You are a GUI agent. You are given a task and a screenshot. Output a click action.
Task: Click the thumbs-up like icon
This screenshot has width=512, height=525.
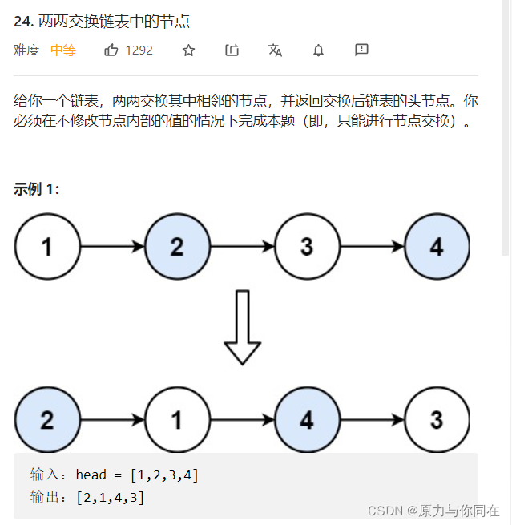pyautogui.click(x=111, y=50)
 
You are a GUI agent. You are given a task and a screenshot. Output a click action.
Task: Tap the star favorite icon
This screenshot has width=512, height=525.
pyautogui.click(x=188, y=50)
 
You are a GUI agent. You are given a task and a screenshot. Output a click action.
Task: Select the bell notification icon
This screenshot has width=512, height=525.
pyautogui.click(x=318, y=50)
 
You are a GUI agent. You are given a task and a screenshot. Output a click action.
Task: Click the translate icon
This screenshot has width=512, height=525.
pyautogui.click(x=275, y=50)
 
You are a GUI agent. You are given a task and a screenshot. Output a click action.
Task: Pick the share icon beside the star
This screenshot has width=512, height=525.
pyautogui.click(x=232, y=50)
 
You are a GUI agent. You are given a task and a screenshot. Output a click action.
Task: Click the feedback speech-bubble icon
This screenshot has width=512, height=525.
pyautogui.click(x=361, y=50)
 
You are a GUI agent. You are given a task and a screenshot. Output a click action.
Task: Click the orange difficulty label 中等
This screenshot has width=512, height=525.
pyautogui.click(x=63, y=50)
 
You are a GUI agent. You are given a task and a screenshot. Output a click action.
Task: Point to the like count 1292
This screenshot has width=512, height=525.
pyautogui.click(x=139, y=50)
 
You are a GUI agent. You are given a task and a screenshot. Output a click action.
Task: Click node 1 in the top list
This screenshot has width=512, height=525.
pyautogui.click(x=47, y=247)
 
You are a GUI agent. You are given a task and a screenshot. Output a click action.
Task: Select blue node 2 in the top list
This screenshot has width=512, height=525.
pyautogui.click(x=177, y=247)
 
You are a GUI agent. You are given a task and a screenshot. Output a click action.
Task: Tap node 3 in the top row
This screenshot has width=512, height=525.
pyautogui.click(x=307, y=247)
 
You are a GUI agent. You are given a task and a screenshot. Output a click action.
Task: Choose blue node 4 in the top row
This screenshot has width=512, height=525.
pyautogui.click(x=437, y=247)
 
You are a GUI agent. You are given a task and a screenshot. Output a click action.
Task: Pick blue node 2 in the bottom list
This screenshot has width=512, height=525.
pyautogui.click(x=47, y=420)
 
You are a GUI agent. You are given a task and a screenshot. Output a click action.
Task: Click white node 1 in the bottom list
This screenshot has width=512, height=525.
pyautogui.click(x=177, y=420)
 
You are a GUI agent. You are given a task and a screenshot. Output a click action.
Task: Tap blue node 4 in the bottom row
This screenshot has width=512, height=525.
pyautogui.click(x=307, y=420)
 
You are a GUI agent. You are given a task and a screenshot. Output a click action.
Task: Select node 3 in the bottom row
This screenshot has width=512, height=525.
pyautogui.click(x=437, y=420)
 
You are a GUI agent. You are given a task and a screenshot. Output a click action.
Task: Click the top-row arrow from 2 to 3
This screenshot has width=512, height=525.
pyautogui.click(x=242, y=247)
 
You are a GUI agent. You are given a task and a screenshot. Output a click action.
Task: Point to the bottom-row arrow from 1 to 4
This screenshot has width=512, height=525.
pyautogui.click(x=242, y=420)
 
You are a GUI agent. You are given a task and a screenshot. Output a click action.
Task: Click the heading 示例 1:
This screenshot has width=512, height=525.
pyautogui.click(x=37, y=189)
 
